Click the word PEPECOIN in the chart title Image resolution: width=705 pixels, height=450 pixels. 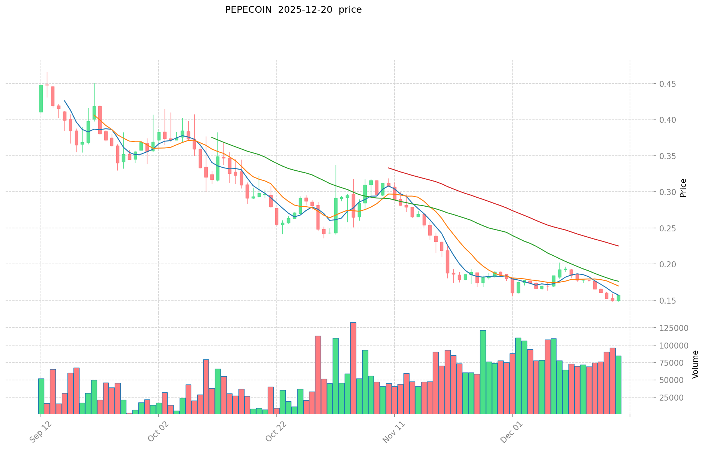pos(248,10)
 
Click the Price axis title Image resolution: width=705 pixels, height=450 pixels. pos(683,188)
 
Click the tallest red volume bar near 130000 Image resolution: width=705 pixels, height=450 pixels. pos(353,368)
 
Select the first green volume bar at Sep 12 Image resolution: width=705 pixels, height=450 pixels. pos(41,396)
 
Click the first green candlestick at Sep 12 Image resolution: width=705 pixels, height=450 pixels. pos(41,98)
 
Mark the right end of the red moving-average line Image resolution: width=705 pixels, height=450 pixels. pos(618,246)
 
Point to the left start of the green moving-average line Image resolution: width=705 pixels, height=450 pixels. pos(212,137)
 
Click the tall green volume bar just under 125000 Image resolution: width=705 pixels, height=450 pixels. pos(483,372)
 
